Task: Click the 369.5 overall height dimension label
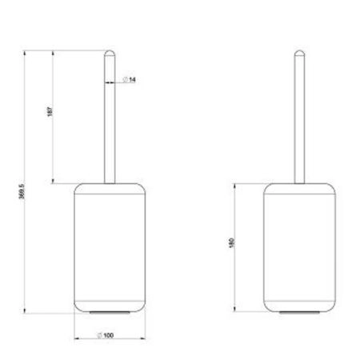point(22,191)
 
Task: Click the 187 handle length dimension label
point(50,111)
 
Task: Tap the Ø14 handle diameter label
point(130,79)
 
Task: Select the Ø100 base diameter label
point(106,335)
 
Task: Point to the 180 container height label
point(231,243)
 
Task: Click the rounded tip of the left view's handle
point(110,54)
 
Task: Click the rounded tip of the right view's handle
point(299,54)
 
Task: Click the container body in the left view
point(110,247)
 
